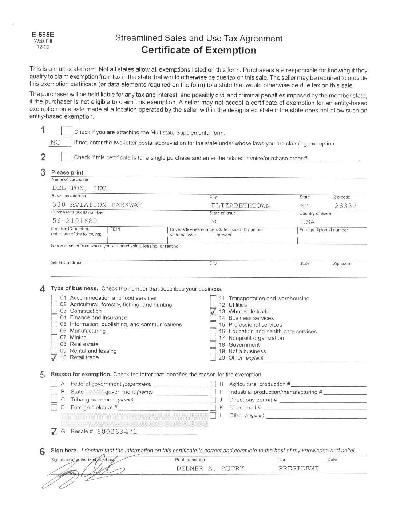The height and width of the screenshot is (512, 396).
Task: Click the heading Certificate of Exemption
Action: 198,50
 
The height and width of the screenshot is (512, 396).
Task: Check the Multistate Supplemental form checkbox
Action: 66,131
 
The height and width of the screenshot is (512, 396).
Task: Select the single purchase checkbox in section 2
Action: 66,157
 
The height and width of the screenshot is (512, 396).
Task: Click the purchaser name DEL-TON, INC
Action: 79,188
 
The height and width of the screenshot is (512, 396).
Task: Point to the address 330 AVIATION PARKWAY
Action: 97,205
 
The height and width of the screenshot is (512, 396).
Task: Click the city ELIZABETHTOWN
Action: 241,205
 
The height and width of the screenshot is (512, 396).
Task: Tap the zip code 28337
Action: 345,205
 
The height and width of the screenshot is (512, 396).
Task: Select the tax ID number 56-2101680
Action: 75,221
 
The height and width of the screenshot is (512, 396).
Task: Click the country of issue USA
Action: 308,222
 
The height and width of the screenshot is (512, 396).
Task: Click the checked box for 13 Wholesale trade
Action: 213,312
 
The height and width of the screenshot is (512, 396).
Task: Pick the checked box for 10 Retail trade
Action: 54,358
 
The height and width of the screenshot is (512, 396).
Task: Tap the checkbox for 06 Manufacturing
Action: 54,331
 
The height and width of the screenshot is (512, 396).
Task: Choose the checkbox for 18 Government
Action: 213,345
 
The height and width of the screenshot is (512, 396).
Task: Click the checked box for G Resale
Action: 54,432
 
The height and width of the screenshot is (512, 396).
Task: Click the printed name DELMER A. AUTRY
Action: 210,468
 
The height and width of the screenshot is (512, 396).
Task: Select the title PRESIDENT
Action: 298,468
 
